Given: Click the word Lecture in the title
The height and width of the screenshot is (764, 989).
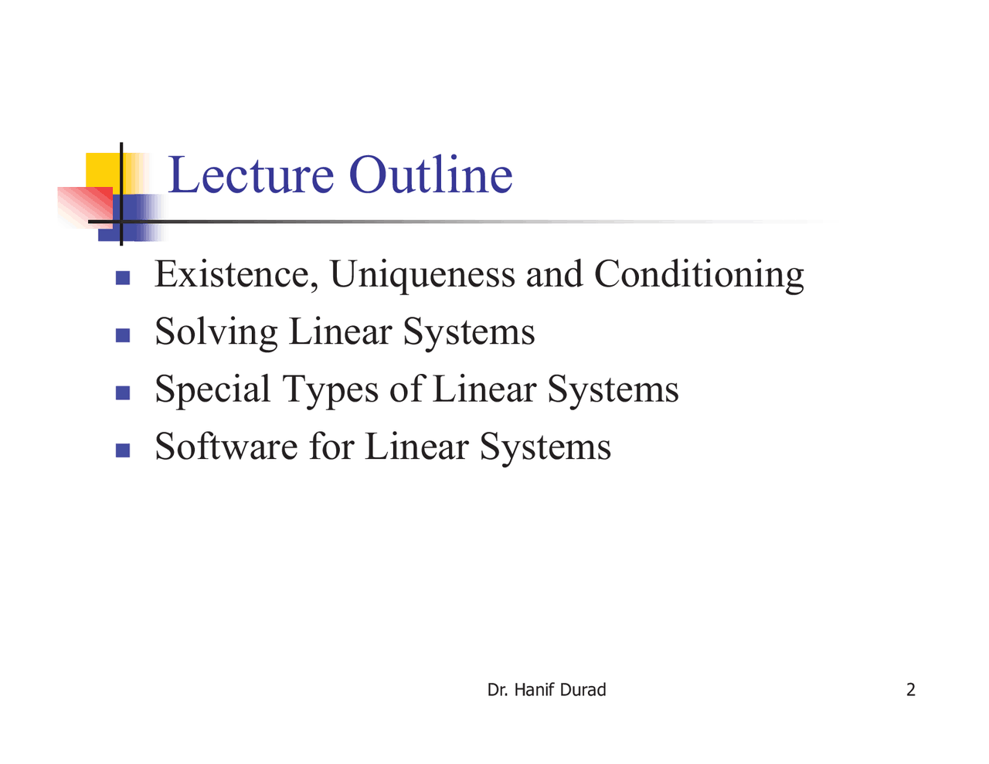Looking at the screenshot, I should (x=250, y=175).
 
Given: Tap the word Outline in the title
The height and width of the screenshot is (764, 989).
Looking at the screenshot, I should (x=430, y=175).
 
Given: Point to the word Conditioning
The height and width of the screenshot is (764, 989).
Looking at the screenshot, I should (x=698, y=276).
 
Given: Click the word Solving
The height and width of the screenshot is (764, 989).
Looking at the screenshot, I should (x=216, y=333).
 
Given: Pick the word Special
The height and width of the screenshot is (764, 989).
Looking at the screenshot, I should (x=212, y=390).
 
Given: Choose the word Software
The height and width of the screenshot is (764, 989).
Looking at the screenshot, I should (x=226, y=447).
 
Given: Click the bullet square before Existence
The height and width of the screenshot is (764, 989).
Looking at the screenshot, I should (x=123, y=277).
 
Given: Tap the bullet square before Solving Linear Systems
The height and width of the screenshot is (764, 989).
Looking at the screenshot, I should (x=123, y=334).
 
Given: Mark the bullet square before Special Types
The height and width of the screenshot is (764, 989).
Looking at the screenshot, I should (x=123, y=392).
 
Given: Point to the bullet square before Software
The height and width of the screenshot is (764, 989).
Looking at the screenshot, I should (x=123, y=450).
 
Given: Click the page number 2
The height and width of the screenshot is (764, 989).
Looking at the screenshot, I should (x=910, y=690).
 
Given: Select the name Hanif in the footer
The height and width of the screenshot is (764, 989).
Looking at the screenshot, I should (x=534, y=690).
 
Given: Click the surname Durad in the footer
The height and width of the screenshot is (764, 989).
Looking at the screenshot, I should (x=583, y=690).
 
